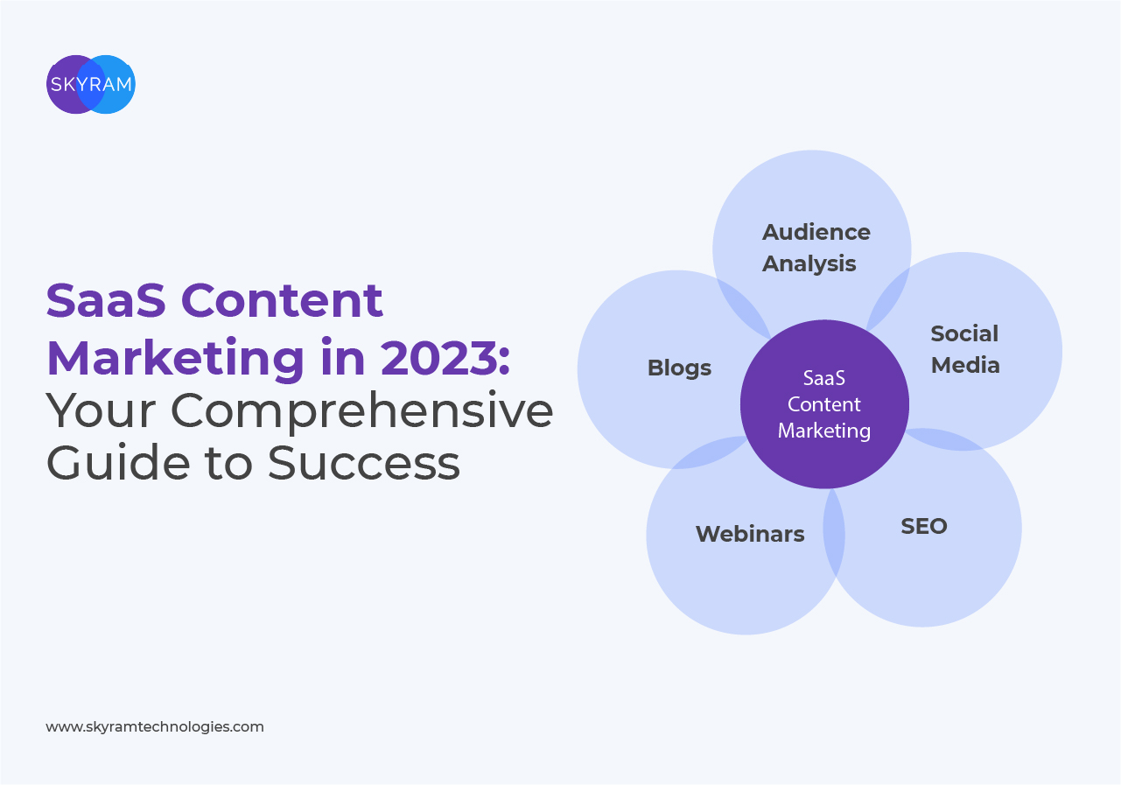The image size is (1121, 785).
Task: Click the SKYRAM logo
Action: click(x=91, y=84)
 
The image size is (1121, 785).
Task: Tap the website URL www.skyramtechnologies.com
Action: click(x=155, y=727)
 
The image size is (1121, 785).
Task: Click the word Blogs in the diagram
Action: click(x=679, y=368)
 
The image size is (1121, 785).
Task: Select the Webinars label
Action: click(x=750, y=534)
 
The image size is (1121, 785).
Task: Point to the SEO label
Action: click(x=924, y=526)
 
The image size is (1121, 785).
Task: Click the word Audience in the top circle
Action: click(x=816, y=232)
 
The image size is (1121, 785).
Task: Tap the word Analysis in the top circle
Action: click(x=809, y=263)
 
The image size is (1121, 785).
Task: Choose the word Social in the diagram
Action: click(x=964, y=333)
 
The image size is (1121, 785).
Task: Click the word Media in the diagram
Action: click(x=965, y=365)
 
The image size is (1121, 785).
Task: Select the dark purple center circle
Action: click(x=824, y=404)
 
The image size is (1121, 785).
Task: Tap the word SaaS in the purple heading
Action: click(x=106, y=301)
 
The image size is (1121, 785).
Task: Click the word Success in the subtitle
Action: click(x=364, y=463)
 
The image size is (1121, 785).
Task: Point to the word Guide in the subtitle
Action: click(x=118, y=462)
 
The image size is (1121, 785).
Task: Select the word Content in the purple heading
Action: click(x=282, y=301)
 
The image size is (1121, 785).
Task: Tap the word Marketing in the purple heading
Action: click(x=176, y=359)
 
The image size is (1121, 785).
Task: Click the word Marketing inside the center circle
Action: click(x=824, y=431)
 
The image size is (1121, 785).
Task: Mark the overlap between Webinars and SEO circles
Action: click(x=834, y=532)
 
